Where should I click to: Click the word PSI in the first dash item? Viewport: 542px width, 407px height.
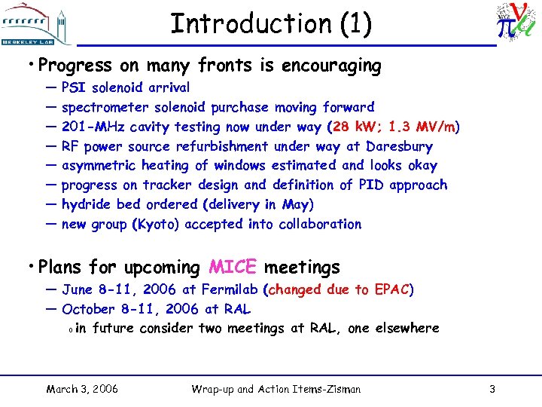[74, 87]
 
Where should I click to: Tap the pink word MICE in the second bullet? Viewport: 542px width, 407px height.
[233, 267]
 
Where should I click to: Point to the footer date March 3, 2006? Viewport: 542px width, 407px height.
[81, 389]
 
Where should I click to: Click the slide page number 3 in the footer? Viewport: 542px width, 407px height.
[492, 389]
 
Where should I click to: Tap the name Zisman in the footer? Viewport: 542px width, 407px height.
[340, 389]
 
